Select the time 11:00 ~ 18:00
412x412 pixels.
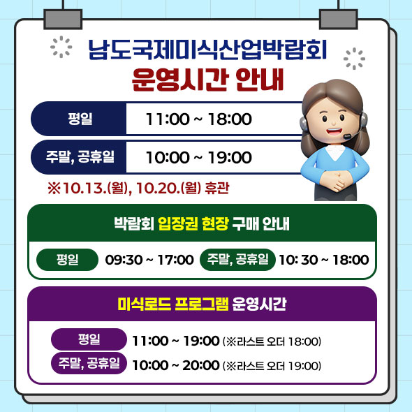click(x=198, y=119)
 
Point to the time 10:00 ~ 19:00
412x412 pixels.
click(x=198, y=158)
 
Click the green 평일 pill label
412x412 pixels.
click(x=67, y=260)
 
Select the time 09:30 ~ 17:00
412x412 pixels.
click(x=149, y=260)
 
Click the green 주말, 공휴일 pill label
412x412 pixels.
click(x=237, y=260)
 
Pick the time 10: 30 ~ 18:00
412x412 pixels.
click(x=323, y=260)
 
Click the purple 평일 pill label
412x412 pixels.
click(x=89, y=340)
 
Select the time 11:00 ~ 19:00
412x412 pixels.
click(x=175, y=341)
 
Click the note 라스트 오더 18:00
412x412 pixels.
click(x=271, y=341)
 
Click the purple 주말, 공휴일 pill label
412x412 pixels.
click(x=89, y=364)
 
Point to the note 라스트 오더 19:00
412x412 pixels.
click(x=271, y=365)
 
